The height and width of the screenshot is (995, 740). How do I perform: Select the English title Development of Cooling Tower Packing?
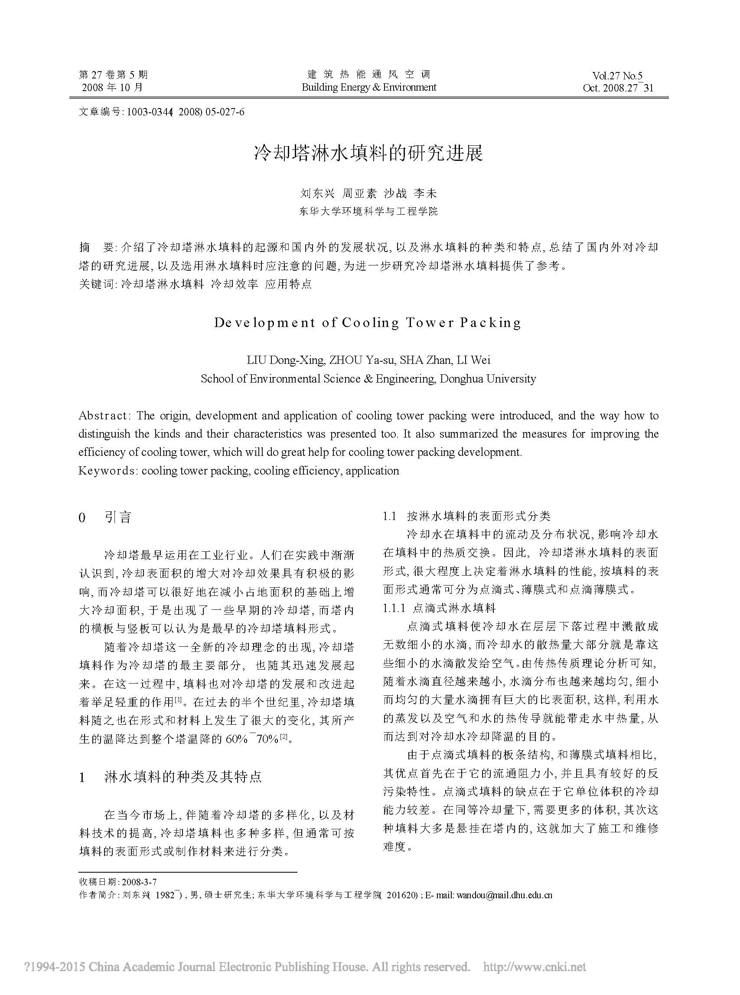point(367,323)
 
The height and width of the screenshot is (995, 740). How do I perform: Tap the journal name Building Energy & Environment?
point(368,88)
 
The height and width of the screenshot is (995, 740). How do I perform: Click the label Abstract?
point(104,416)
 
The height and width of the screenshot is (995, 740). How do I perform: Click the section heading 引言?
point(118,518)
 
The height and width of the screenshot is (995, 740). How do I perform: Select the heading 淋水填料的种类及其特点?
point(183,777)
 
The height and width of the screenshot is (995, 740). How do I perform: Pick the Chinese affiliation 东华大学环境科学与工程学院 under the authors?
point(368,211)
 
